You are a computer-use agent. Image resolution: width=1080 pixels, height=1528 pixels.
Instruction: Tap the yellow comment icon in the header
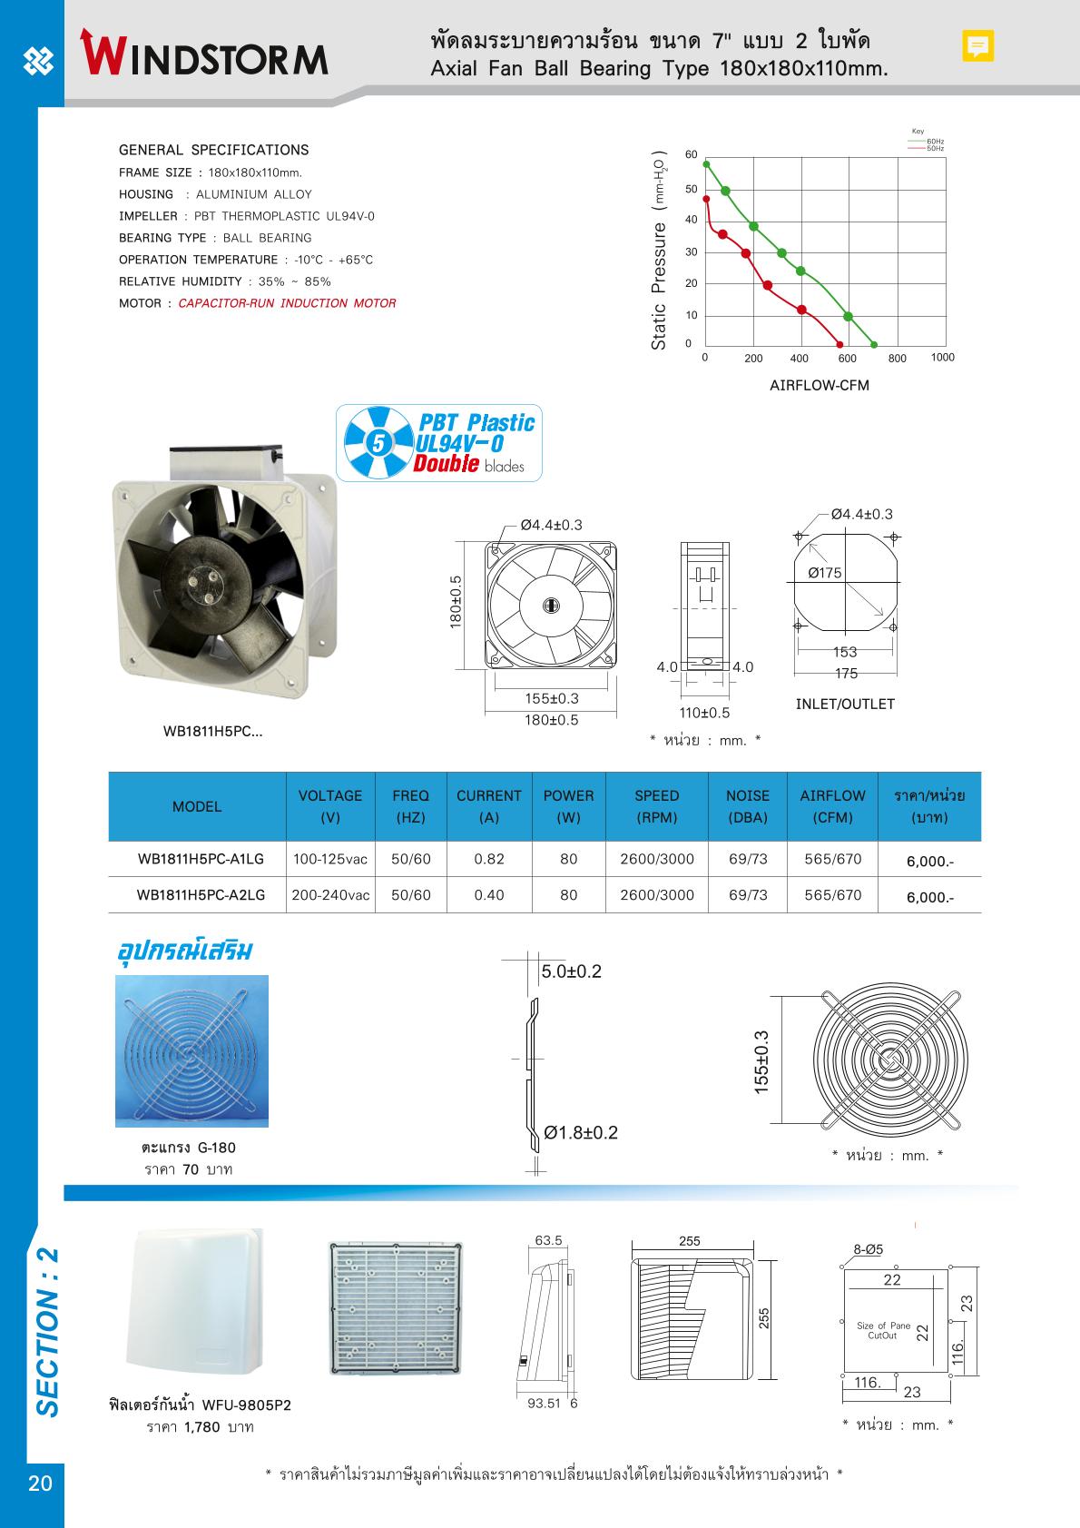click(x=977, y=45)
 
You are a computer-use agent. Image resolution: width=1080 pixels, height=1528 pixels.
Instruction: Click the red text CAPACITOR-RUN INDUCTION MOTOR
click(x=287, y=303)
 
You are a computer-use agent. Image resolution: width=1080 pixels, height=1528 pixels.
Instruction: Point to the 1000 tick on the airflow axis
click(x=942, y=358)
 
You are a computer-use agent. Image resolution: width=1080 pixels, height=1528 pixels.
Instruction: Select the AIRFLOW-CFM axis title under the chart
click(x=819, y=385)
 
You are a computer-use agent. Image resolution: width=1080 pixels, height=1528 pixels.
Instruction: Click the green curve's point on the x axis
click(x=873, y=345)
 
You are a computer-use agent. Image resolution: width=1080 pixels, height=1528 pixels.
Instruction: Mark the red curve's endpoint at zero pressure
click(x=839, y=345)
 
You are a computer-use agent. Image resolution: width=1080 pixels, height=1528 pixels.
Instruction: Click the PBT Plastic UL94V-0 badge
click(x=439, y=442)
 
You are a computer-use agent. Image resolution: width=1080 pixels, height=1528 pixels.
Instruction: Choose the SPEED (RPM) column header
click(x=657, y=806)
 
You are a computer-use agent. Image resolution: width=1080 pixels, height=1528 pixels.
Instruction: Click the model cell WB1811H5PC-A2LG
click(x=201, y=895)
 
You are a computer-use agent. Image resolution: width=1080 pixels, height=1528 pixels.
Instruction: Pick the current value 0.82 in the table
click(x=489, y=859)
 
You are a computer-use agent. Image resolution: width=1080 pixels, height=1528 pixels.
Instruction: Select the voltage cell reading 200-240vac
click(x=330, y=895)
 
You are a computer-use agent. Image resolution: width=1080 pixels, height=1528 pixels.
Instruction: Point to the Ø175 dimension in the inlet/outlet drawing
click(x=824, y=573)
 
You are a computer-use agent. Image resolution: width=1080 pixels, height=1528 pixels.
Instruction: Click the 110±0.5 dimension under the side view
click(x=704, y=714)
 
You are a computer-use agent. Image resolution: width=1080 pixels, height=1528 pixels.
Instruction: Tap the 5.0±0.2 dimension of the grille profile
click(x=571, y=972)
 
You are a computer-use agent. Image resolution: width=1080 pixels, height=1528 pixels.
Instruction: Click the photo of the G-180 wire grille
click(x=191, y=1050)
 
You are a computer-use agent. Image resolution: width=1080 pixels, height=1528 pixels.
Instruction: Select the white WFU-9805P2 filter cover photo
click(x=197, y=1300)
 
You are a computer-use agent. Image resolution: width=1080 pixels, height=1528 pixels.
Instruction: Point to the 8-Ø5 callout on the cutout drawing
click(x=868, y=1249)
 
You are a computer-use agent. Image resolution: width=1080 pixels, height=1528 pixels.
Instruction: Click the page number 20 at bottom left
click(x=40, y=1484)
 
